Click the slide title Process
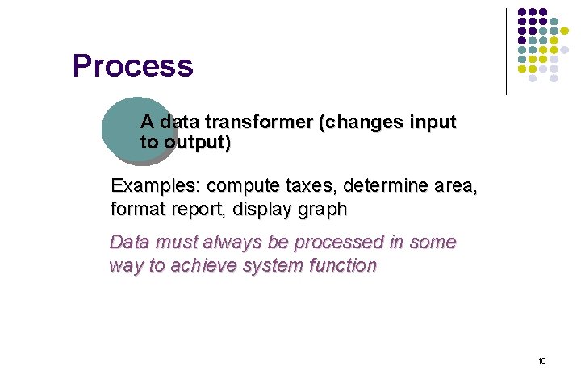point(132,66)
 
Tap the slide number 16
point(541,360)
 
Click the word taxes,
point(310,186)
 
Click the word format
point(137,210)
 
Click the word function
point(342,265)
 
